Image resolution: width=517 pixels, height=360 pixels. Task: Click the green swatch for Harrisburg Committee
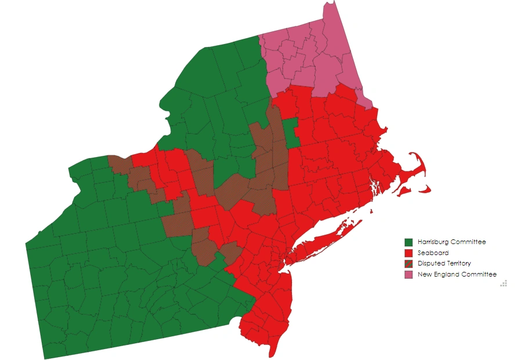pyautogui.click(x=408, y=242)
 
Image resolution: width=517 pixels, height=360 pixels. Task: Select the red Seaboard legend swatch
pyautogui.click(x=408, y=253)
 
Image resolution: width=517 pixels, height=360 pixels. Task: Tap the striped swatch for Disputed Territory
pyautogui.click(x=408, y=263)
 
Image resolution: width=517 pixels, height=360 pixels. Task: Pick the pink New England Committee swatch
pyautogui.click(x=408, y=274)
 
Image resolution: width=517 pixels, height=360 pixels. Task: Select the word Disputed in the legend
pyautogui.click(x=431, y=263)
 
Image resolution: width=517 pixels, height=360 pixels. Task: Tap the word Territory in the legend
pyautogui.click(x=459, y=263)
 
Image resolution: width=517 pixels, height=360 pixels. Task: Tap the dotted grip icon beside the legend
pyautogui.click(x=504, y=283)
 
